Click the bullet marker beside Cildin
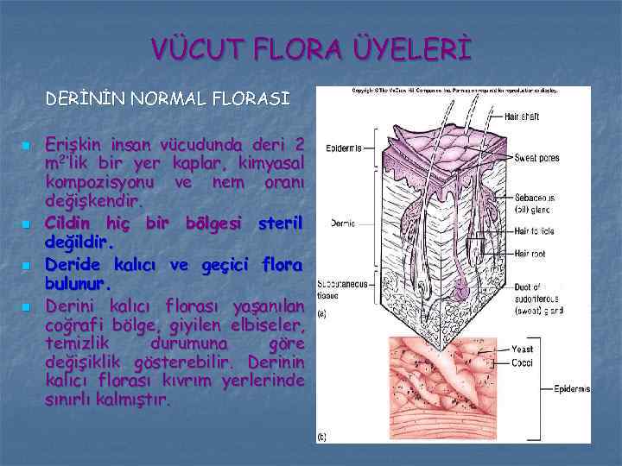[x=29, y=224]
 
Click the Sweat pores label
[x=537, y=158]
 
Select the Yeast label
[x=523, y=349]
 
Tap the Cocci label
[x=523, y=362]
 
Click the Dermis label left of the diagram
[x=343, y=224]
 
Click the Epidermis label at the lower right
[x=572, y=389]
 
